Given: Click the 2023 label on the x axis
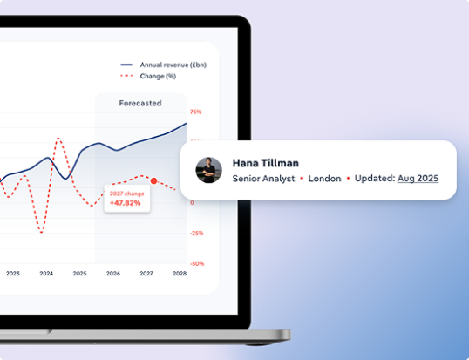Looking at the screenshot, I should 13,273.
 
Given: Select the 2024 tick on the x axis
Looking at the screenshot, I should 46,273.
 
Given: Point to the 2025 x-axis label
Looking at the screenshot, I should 79,273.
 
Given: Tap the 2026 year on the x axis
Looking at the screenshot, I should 112,273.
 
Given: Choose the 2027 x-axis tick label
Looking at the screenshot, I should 146,273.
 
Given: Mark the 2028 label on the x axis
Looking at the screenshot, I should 179,273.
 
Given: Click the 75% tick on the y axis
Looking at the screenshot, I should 196,112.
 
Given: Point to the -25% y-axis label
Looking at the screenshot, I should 196,233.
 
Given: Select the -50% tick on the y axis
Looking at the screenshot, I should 196,263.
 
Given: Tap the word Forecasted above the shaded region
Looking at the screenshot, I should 140,103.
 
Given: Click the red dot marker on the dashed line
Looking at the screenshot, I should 153,180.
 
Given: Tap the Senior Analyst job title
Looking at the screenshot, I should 263,179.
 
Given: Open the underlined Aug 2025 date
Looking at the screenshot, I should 418,179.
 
